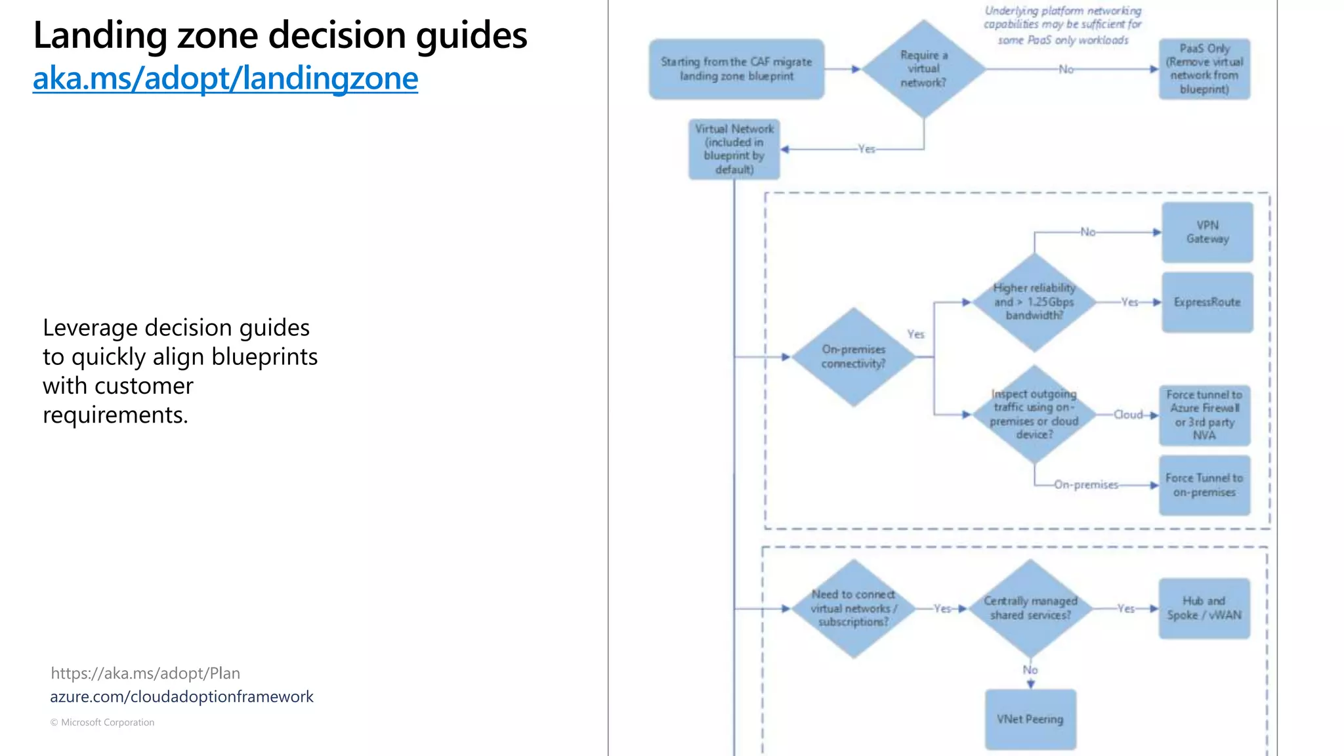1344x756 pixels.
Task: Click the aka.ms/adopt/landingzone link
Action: [x=225, y=78]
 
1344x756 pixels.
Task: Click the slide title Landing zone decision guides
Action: [x=280, y=35]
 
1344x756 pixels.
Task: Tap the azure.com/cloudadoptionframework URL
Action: [x=182, y=696]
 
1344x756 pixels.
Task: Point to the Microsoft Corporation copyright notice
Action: [x=102, y=722]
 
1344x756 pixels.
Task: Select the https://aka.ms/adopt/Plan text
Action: [x=145, y=673]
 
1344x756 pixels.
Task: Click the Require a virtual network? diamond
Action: [x=923, y=69]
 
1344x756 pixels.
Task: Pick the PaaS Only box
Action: [x=1204, y=69]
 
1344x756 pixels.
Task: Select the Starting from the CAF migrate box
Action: [x=736, y=69]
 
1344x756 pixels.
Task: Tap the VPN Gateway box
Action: [x=1207, y=232]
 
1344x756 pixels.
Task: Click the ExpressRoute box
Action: [x=1207, y=302]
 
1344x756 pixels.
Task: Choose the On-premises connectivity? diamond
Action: [x=853, y=357]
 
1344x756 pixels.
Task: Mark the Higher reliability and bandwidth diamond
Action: [x=1034, y=302]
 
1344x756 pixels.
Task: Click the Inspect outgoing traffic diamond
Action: [x=1034, y=414]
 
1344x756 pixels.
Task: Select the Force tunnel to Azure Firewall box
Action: [x=1204, y=415]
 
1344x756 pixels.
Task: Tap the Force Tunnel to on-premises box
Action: [x=1204, y=485]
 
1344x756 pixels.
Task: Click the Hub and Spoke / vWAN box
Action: [x=1204, y=608]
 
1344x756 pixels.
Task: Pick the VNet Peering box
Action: [x=1030, y=719]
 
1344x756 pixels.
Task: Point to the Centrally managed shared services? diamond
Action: [x=1030, y=608]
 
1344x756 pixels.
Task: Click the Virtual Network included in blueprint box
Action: [x=734, y=149]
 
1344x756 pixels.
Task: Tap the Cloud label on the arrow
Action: [x=1128, y=415]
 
